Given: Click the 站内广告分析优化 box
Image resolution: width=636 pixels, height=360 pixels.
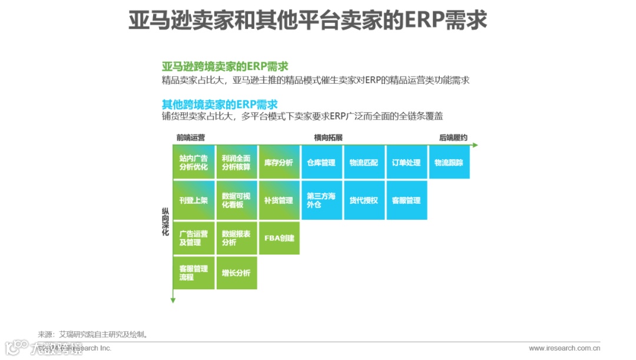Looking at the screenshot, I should point(194,163).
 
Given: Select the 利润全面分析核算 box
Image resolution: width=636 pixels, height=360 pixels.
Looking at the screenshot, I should point(236,163).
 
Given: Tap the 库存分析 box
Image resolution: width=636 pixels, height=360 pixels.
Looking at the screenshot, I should point(279,163).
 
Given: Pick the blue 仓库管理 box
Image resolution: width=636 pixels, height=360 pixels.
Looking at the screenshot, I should point(321,163).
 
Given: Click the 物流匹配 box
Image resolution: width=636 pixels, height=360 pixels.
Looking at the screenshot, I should point(363,163).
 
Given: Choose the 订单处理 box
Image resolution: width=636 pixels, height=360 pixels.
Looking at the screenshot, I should point(406,163).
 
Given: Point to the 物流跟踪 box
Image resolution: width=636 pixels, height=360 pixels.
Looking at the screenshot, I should point(449,163).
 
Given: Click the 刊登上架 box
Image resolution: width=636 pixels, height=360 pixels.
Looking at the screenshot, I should point(194,200).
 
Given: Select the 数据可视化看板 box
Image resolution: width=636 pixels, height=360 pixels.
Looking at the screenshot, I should point(236,200).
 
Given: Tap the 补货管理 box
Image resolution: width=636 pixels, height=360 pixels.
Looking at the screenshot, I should point(279,200).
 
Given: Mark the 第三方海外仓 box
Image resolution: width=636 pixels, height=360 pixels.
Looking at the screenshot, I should point(321,200).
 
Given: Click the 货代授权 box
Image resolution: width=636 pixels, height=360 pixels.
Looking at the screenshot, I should point(363,200).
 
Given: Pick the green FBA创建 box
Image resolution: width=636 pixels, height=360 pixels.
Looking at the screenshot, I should point(279,238).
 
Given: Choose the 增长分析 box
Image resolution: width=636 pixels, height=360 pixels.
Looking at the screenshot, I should point(236,273).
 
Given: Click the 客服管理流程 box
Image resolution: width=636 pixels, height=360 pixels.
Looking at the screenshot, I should point(194,273).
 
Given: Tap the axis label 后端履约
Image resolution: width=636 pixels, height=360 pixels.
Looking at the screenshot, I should point(453,138).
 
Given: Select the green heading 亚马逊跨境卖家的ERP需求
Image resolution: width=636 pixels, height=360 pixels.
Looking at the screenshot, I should point(224,67).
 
